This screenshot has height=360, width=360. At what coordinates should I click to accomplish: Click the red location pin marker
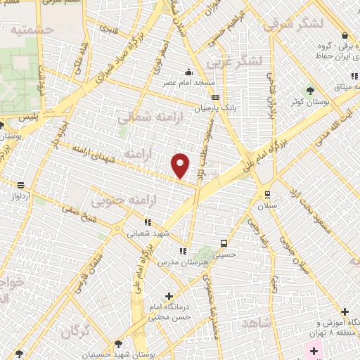[x=181, y=165]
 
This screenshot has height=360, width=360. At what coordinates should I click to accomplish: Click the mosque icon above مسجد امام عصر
[x=188, y=72]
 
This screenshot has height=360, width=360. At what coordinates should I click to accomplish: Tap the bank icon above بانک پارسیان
[x=214, y=98]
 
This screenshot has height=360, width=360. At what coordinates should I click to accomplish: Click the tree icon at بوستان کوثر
[x=311, y=91]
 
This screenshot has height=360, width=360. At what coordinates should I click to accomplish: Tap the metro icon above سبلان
[x=266, y=195]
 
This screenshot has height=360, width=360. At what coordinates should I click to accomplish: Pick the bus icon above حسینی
[x=223, y=244]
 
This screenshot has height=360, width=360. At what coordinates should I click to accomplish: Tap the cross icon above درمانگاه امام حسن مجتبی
[x=168, y=296]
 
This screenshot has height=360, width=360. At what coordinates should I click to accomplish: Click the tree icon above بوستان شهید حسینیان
[x=117, y=344]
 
